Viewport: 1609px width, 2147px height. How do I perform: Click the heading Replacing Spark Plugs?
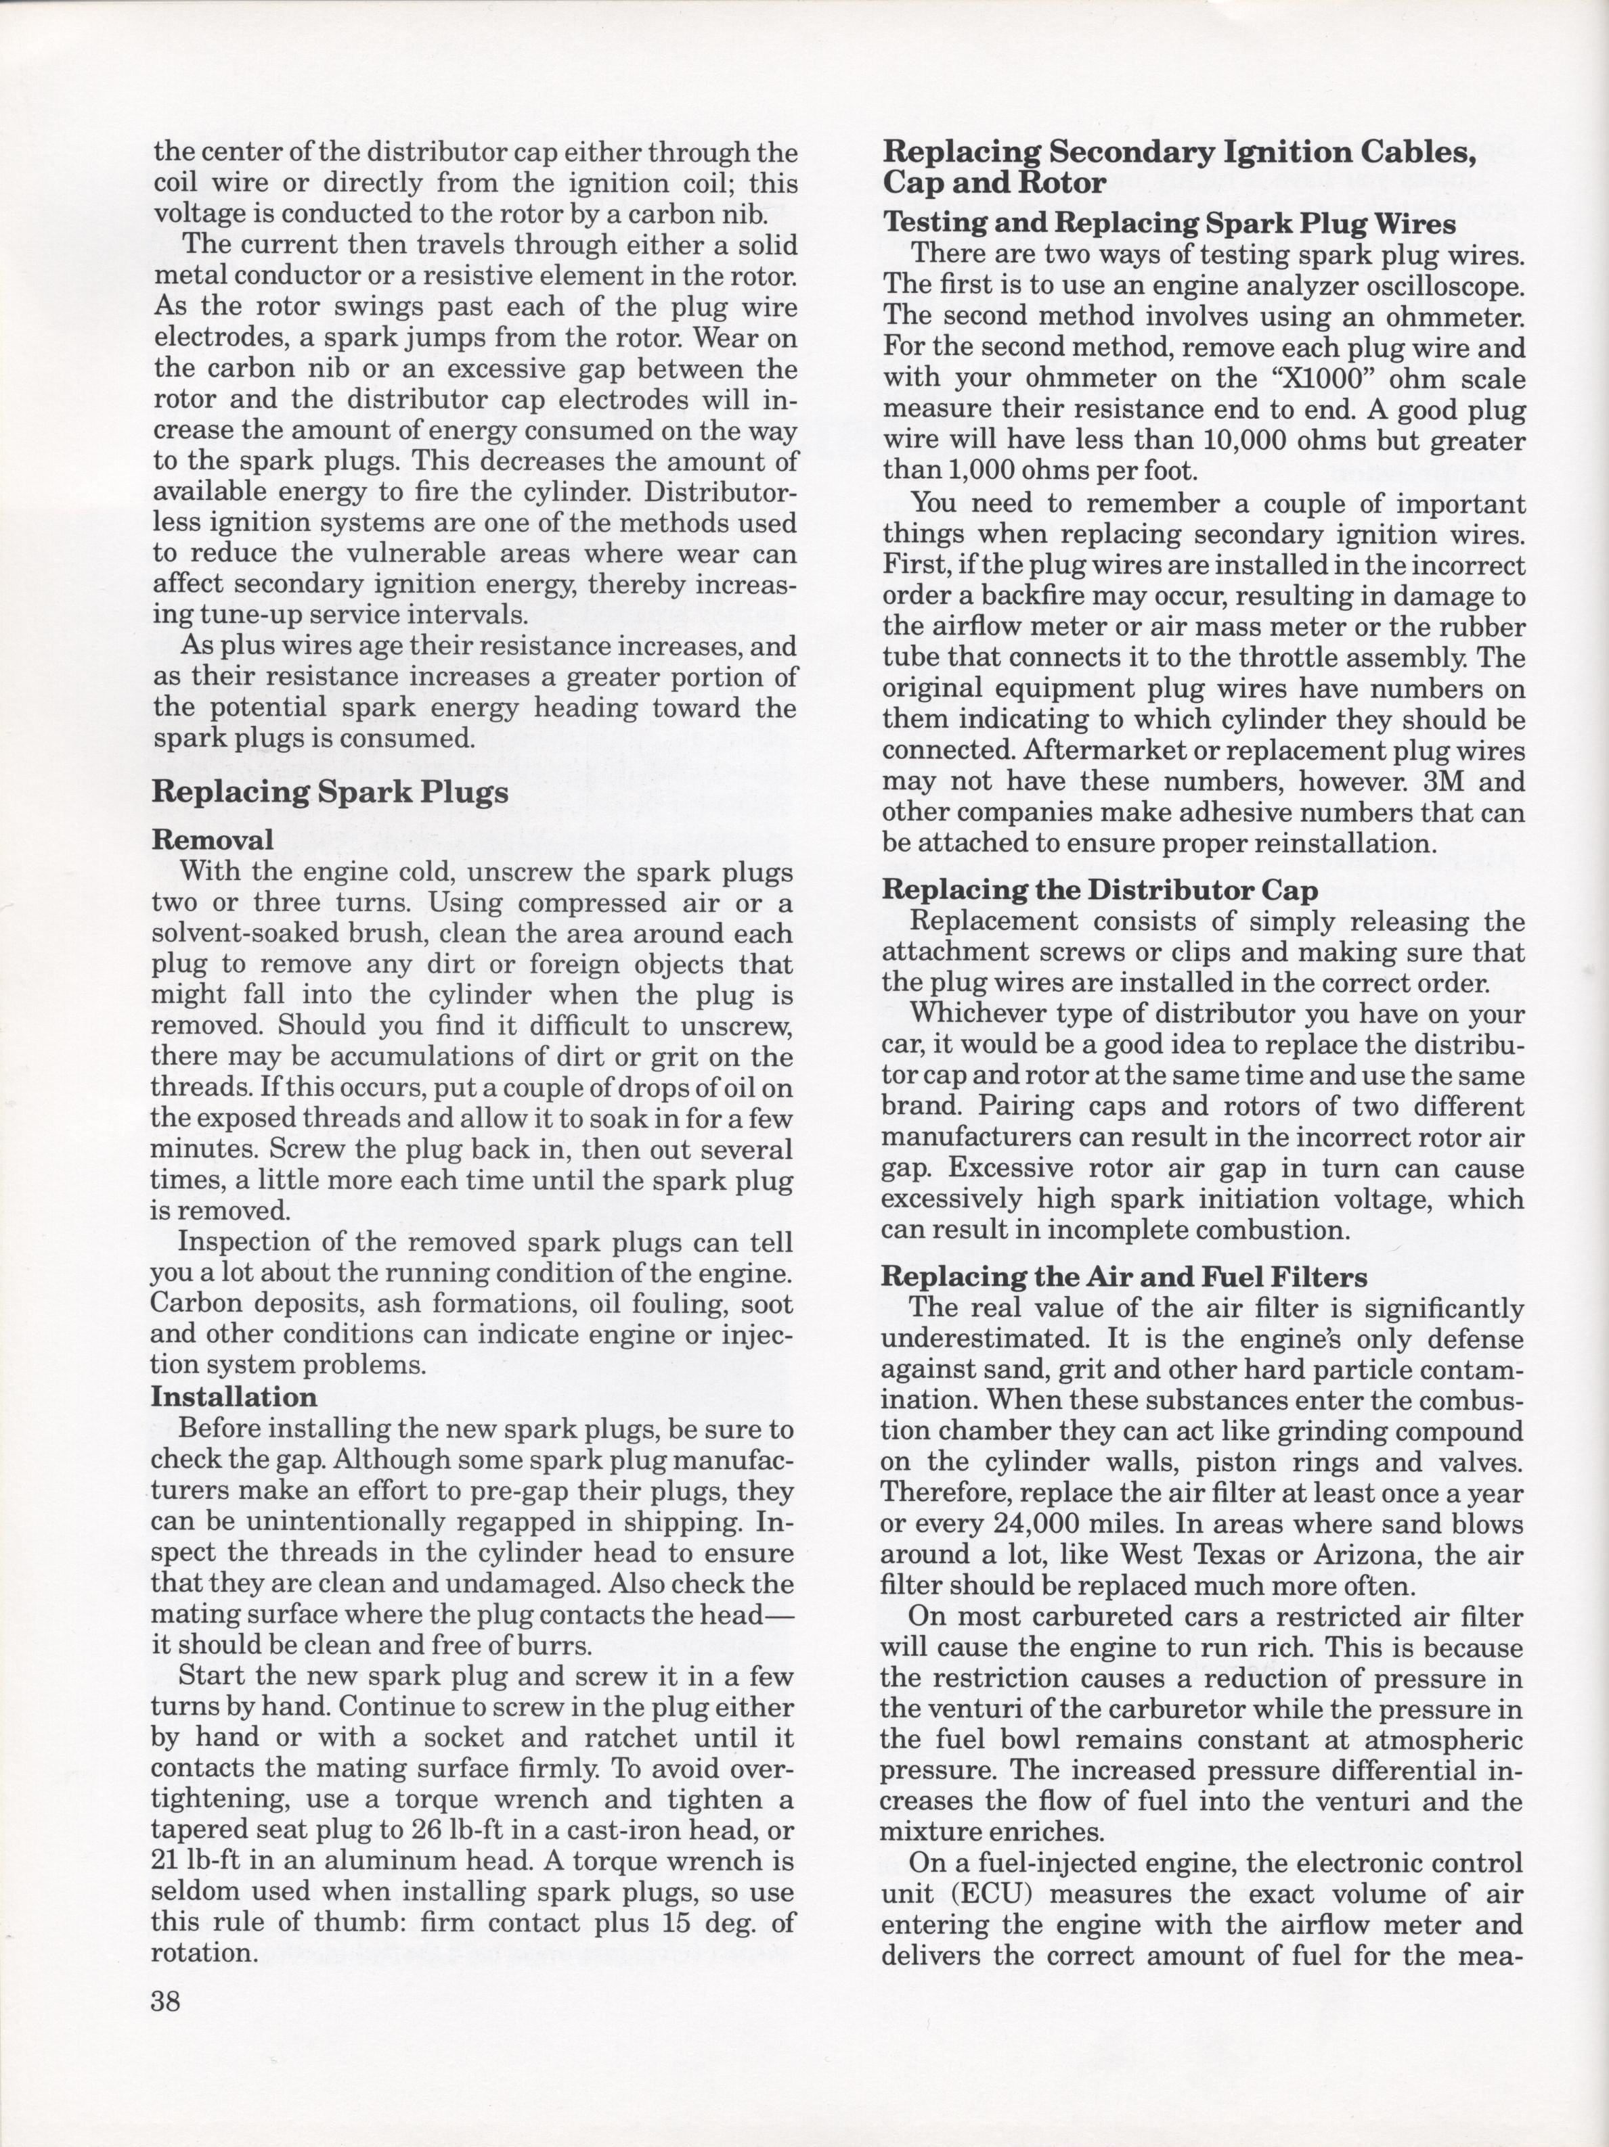330,793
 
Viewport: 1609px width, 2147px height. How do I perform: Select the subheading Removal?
212,839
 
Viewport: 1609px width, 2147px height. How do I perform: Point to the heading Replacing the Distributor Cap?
1099,890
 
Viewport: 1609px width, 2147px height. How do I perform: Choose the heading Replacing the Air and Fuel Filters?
1124,1277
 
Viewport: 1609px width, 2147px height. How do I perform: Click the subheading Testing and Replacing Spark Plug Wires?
1169,224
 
